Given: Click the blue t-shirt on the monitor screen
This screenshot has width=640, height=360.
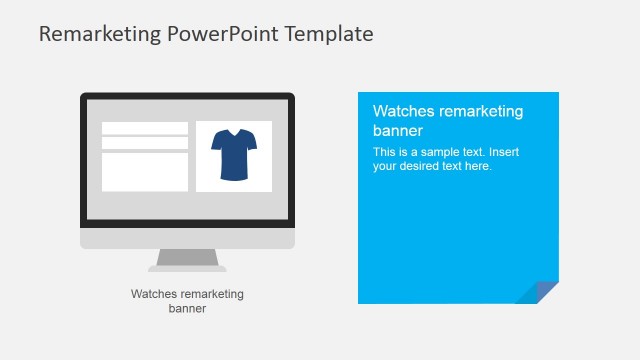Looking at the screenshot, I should tap(234, 157).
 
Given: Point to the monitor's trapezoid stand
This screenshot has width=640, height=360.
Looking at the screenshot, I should tap(187, 259).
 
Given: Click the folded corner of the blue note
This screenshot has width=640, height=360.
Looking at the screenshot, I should tap(540, 292).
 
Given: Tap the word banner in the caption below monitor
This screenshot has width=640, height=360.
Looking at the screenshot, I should tap(187, 308).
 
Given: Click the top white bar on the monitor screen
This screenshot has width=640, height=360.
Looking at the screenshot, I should tap(145, 128).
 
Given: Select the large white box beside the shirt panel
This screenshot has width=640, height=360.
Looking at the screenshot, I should tap(145, 172).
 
